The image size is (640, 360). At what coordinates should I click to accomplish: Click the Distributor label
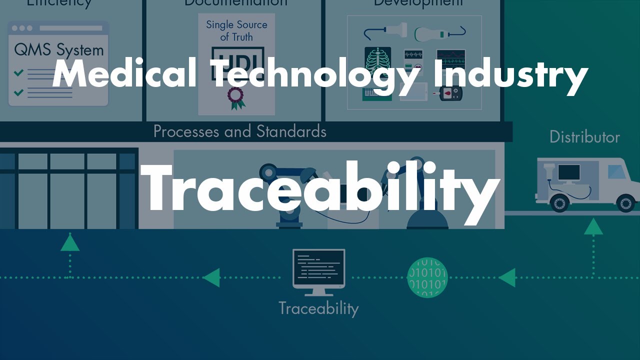click(584, 137)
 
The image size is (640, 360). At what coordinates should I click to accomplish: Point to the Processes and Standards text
click(239, 131)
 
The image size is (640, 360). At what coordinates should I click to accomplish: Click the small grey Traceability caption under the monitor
click(318, 308)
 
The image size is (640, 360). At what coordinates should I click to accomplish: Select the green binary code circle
click(427, 277)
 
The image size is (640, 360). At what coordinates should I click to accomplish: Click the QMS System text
click(58, 50)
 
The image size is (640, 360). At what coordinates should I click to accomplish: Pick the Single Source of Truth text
click(236, 30)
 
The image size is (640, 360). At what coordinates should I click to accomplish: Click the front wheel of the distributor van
click(625, 203)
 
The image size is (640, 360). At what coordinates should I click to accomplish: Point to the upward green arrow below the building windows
click(70, 243)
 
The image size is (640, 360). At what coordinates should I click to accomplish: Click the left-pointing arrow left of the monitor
click(211, 277)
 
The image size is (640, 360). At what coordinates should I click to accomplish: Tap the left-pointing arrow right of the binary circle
click(507, 277)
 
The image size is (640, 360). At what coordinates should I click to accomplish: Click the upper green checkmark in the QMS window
click(18, 73)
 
